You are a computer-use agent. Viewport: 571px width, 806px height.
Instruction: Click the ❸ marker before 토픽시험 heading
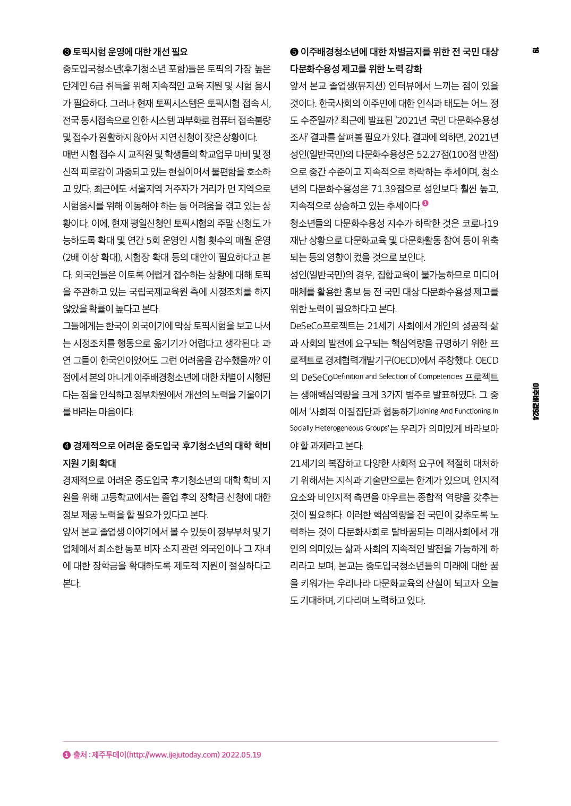tap(66, 52)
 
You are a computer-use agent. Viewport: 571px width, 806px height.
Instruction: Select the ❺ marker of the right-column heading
tap(294, 52)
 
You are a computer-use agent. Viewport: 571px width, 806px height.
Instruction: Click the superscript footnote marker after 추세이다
tap(425, 203)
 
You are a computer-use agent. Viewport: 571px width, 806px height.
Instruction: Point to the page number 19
tap(535, 50)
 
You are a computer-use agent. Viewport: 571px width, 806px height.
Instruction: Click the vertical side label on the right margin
tap(535, 401)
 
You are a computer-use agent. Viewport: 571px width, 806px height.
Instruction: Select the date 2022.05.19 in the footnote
tap(241, 754)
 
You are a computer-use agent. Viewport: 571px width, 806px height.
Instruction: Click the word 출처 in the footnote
tap(80, 754)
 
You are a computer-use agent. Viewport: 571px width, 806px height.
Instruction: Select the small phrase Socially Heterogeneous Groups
tap(339, 428)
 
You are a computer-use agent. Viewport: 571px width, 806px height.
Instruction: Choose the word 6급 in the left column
tap(96, 86)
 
